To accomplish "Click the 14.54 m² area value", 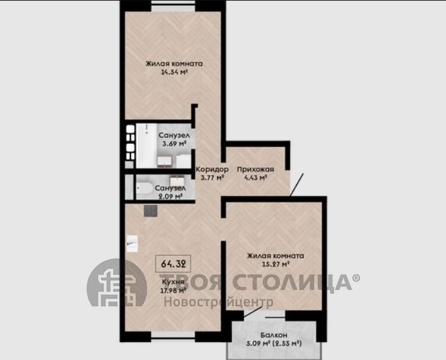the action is click(174, 73).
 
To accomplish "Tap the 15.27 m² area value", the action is click(275, 264).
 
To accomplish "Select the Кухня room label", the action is click(173, 282).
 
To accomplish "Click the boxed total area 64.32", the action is click(173, 264).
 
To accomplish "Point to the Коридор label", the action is click(213, 169).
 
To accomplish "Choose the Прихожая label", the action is click(256, 169).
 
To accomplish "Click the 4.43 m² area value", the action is click(255, 178).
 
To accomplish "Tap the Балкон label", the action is click(274, 335).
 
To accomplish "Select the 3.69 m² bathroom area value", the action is click(174, 144).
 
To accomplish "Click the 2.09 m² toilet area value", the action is click(171, 197).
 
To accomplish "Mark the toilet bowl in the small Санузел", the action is click(144, 188).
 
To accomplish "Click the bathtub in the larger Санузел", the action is click(146, 145).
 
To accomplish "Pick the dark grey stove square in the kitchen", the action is click(150, 211).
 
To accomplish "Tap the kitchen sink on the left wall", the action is click(132, 244).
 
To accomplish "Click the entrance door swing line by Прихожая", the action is click(296, 185).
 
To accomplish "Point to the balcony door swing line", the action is click(253, 312).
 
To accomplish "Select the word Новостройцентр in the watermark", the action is click(218, 301).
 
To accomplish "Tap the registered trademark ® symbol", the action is click(356, 278).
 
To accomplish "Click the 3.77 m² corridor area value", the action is click(213, 178).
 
